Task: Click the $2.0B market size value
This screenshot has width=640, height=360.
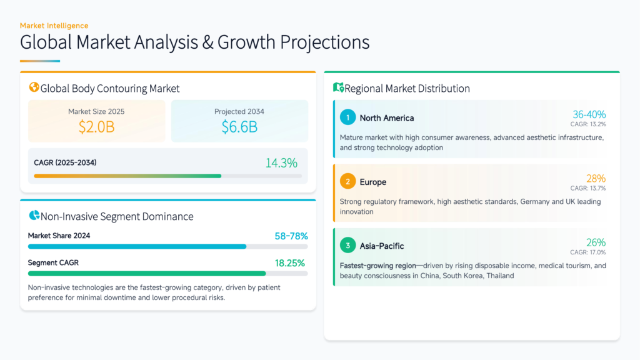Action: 96,127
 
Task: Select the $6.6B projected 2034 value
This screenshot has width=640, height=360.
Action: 239,127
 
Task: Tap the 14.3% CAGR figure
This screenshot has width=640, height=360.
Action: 281,163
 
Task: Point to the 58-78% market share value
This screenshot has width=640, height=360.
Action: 291,236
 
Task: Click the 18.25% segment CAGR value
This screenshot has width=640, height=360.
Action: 291,263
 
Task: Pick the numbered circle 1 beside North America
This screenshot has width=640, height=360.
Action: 347,117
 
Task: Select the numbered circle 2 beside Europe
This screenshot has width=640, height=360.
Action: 347,182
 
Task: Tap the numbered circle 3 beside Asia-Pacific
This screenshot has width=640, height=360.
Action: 347,246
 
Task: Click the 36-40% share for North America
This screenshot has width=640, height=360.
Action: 589,114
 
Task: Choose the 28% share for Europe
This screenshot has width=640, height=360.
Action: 596,179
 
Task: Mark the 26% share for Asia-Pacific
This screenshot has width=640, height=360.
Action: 596,242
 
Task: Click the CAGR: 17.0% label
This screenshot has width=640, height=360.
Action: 587,252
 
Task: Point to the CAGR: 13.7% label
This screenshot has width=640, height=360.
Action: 587,188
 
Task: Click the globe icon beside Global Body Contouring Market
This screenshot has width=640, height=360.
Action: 34,88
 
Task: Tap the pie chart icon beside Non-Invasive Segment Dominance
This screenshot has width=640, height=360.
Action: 34,216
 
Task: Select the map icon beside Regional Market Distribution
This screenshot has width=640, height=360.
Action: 339,88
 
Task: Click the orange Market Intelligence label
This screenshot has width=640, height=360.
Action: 54,26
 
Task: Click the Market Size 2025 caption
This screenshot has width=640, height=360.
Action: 96,111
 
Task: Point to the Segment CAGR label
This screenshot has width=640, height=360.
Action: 53,263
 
